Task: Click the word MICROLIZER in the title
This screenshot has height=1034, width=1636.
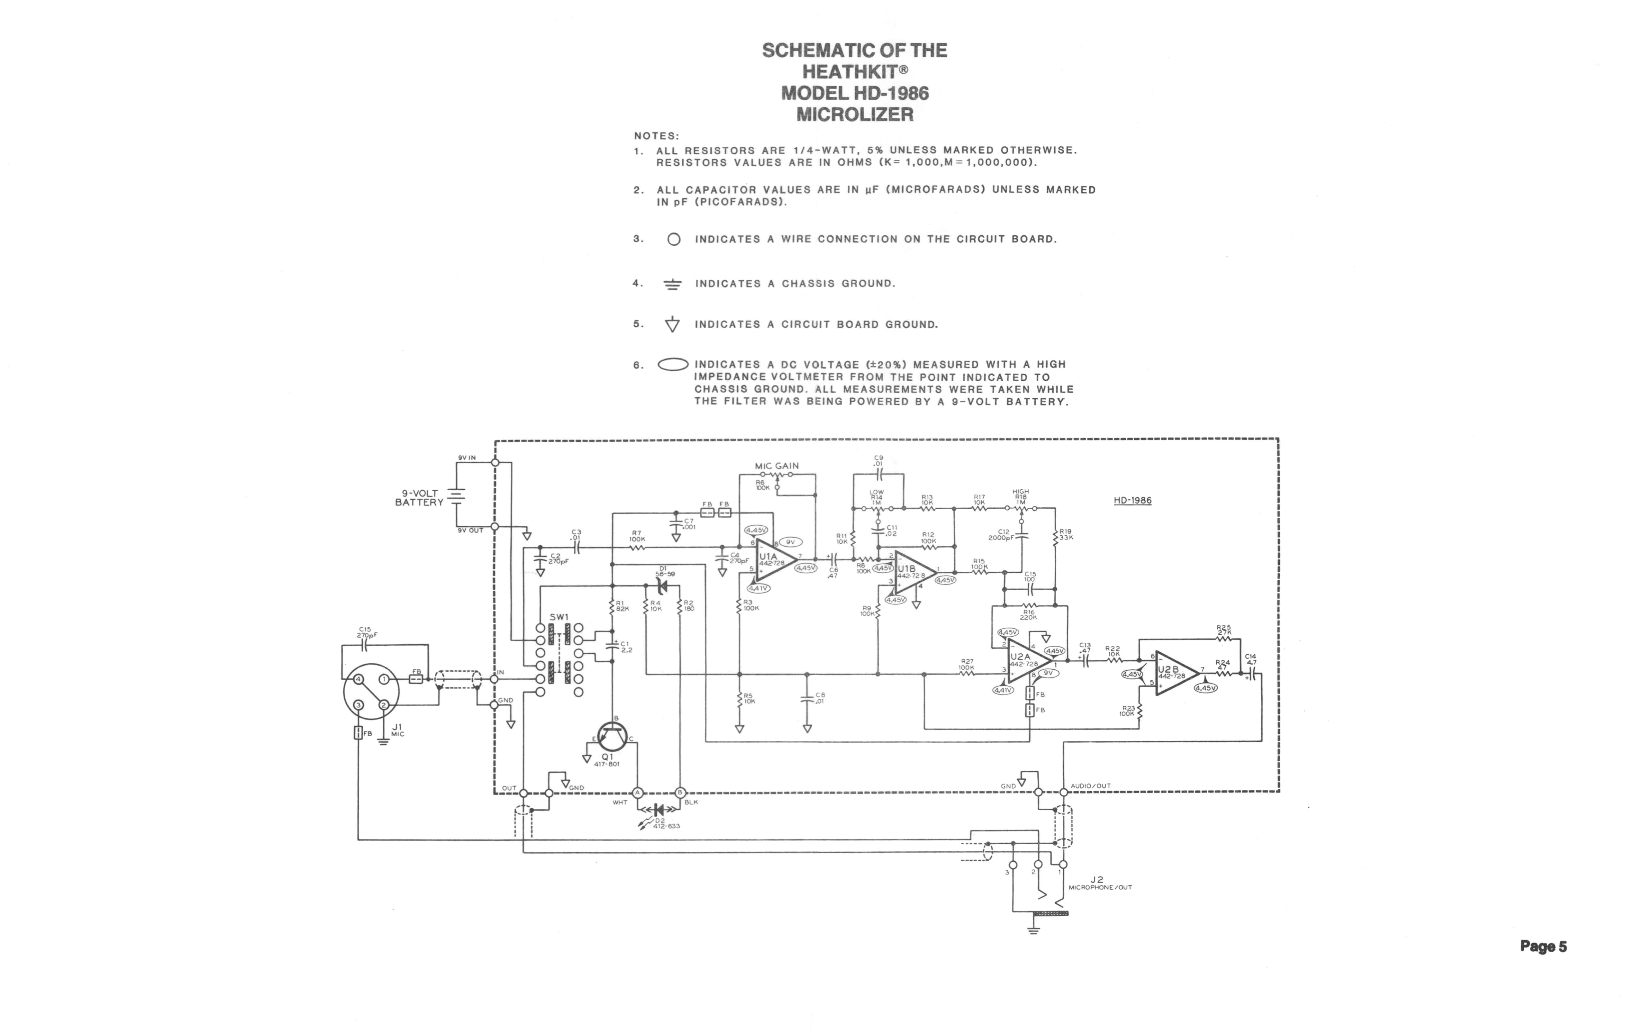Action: click(x=855, y=114)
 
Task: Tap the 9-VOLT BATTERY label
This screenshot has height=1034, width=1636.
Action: click(x=419, y=498)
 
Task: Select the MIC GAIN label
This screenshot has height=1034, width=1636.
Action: click(x=777, y=466)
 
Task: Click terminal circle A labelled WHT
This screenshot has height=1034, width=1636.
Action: click(x=637, y=792)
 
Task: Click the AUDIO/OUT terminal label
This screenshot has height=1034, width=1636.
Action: click(x=1090, y=786)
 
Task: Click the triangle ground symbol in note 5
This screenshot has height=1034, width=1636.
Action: click(x=672, y=325)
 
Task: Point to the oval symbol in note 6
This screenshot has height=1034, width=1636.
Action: click(x=673, y=365)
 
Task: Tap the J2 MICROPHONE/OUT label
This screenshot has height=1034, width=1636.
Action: click(x=1100, y=883)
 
